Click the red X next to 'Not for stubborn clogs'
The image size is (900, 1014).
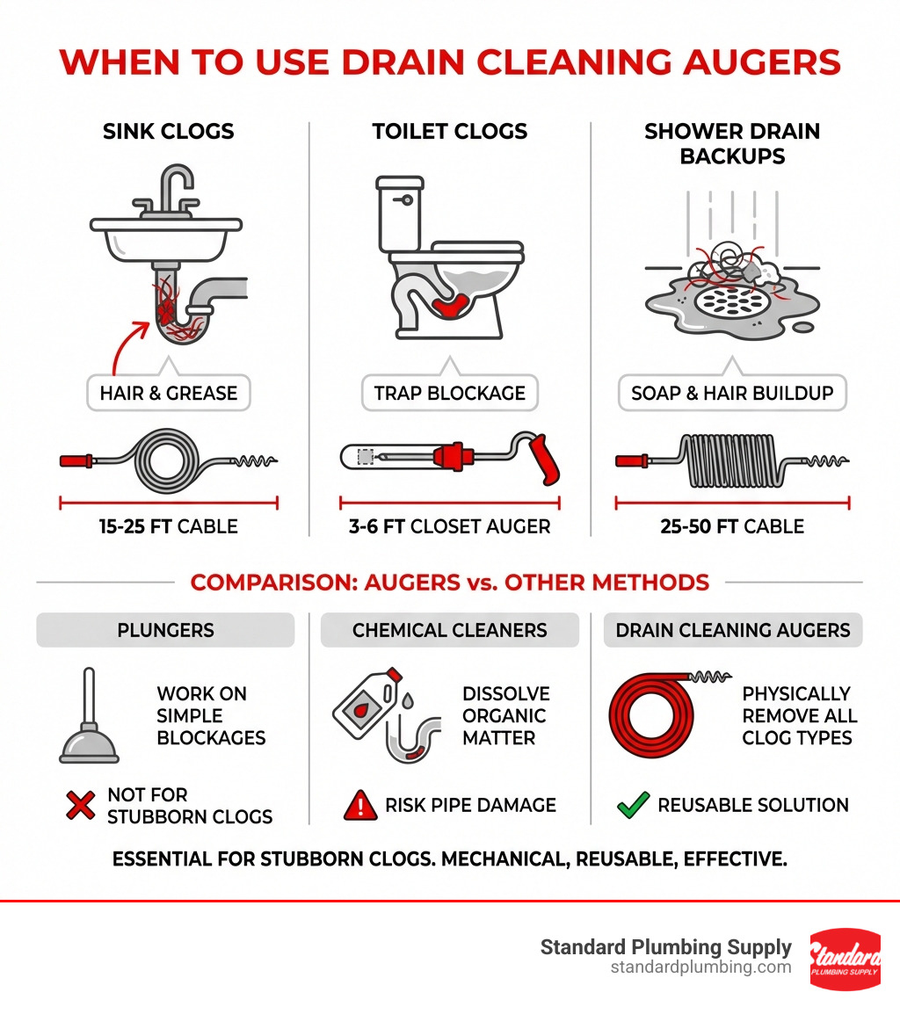80,805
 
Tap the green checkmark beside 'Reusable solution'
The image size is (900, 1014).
633,805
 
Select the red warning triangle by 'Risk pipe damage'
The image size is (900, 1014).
360,805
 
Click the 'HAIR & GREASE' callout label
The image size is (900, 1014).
168,393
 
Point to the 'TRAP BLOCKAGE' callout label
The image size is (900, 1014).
449,393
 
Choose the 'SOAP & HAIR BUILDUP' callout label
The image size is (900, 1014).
732,393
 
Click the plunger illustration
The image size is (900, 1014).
89,715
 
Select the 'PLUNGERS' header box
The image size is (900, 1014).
165,630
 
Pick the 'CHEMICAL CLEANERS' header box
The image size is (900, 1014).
449,630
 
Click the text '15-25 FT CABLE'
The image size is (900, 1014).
168,526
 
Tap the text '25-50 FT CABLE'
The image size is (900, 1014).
732,526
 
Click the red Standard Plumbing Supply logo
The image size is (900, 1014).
845,959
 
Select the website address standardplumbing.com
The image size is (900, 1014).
700,967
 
